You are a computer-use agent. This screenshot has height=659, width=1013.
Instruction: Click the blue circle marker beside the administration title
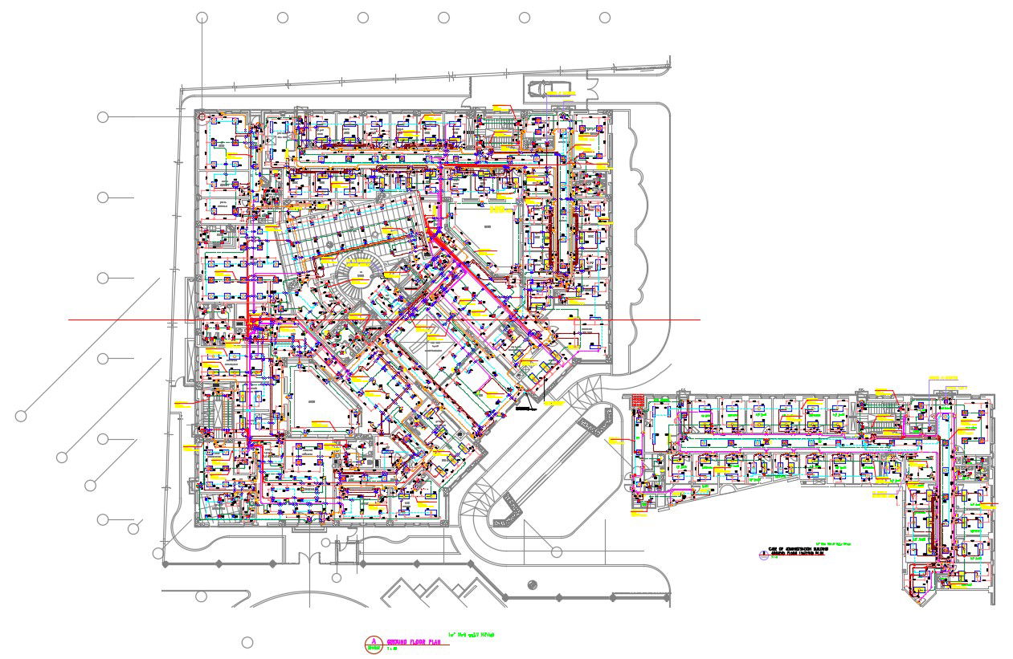[x=763, y=553]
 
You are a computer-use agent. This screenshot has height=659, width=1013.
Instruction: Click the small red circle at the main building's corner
[x=202, y=116]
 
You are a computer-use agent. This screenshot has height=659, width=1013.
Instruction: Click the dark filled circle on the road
[x=532, y=584]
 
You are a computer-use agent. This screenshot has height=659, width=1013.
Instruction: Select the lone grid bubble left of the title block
[x=247, y=642]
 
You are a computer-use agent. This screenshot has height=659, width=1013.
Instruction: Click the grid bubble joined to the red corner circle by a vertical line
[x=202, y=17]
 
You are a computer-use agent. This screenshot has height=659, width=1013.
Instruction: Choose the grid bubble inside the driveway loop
[x=557, y=551]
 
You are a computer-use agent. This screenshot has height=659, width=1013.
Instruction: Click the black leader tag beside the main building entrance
[x=527, y=408]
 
